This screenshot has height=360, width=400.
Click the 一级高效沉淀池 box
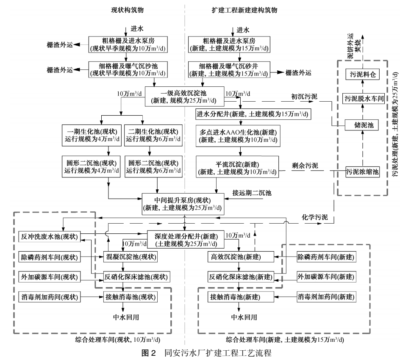184,97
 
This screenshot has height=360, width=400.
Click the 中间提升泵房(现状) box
184,204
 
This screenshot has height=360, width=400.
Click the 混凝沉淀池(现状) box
131,257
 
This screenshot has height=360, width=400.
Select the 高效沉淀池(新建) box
240,257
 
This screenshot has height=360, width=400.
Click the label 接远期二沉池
251,193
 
